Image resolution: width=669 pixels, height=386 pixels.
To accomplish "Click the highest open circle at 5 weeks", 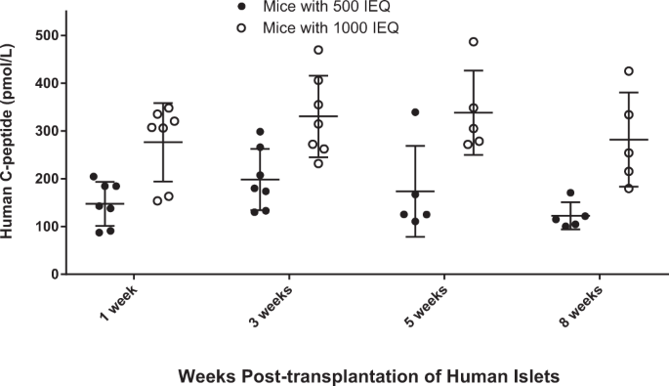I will (x=474, y=42).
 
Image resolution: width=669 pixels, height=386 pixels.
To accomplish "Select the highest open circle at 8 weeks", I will (x=629, y=71).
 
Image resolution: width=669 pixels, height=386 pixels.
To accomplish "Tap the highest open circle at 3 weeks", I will (x=318, y=50).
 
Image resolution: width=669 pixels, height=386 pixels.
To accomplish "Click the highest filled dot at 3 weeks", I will (x=260, y=132).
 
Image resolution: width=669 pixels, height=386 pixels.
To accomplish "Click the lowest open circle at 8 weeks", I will (x=628, y=188).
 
